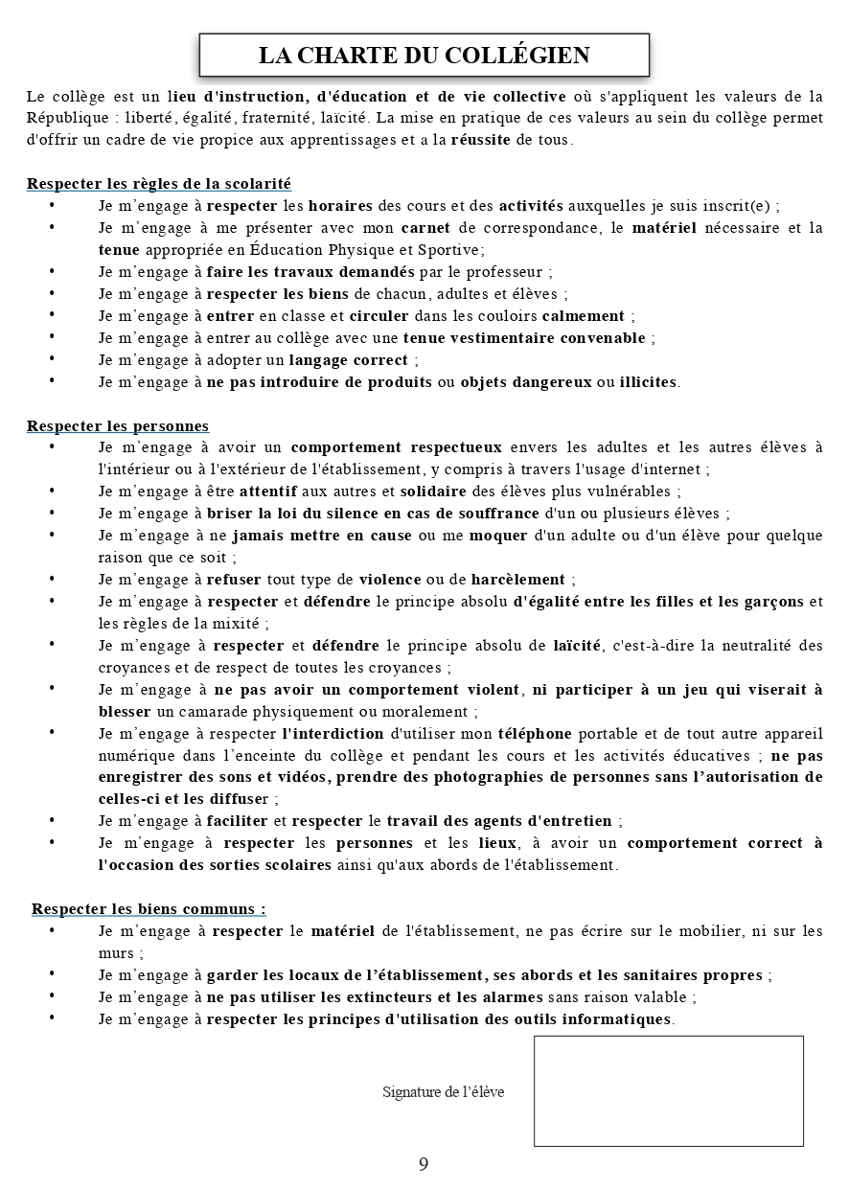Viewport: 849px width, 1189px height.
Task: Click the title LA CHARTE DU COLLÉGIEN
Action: (x=424, y=56)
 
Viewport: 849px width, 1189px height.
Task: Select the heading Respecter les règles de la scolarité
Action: (x=159, y=183)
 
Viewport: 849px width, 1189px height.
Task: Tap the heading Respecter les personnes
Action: (x=118, y=425)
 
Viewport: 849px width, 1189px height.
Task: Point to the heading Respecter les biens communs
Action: (x=149, y=908)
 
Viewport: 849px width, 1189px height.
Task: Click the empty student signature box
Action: (x=668, y=1090)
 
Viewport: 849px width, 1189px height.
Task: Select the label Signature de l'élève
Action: (x=443, y=1092)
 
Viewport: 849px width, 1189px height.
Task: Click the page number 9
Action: (x=424, y=1164)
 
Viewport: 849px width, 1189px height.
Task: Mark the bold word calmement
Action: (x=583, y=315)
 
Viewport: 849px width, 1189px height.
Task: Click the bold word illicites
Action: (x=649, y=381)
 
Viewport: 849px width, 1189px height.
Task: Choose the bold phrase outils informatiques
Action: (x=589, y=1018)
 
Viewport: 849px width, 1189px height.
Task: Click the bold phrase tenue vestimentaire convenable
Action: (x=524, y=337)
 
